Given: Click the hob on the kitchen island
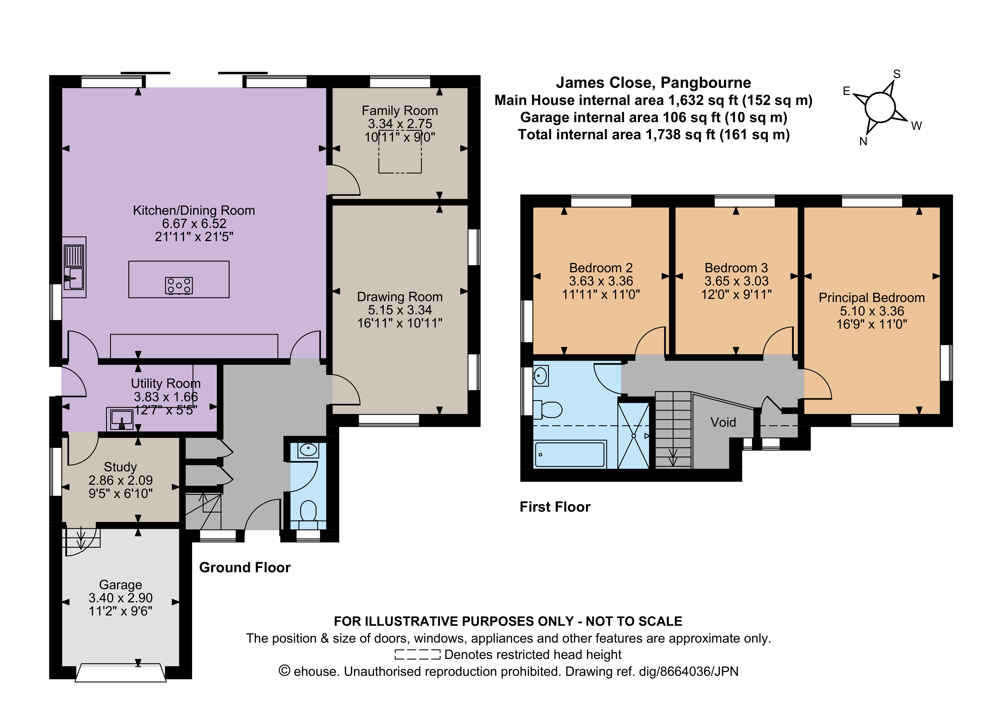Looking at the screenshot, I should tap(179, 286).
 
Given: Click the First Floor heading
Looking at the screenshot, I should tap(555, 507).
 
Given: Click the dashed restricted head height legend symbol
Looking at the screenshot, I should tap(417, 654).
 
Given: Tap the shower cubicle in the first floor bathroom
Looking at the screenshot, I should tap(633, 436).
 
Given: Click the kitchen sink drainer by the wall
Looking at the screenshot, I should tap(74, 256).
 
